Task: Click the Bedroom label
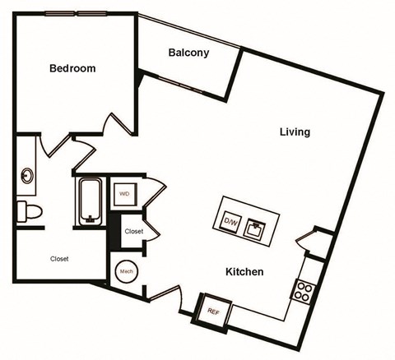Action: click(x=72, y=69)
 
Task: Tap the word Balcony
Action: click(x=188, y=53)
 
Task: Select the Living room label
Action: click(x=294, y=132)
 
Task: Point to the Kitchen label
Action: click(x=245, y=271)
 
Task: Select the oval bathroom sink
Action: click(x=27, y=175)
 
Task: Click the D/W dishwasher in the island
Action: click(x=231, y=220)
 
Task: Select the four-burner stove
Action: click(x=304, y=290)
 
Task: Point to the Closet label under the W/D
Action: click(x=133, y=232)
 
